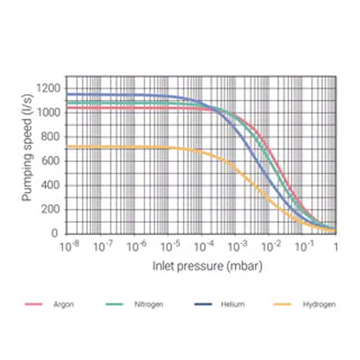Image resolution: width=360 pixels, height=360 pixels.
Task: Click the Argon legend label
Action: (64, 304)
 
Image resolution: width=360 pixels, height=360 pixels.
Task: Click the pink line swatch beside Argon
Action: (34, 304)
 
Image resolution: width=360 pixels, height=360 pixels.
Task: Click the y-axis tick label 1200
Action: (51, 88)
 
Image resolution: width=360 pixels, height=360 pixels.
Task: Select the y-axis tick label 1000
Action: (51, 112)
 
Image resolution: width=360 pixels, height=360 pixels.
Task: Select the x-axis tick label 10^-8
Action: (68, 245)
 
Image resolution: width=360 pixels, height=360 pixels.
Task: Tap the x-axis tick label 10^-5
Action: (168, 245)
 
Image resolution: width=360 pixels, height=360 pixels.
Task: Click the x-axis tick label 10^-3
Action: (236, 245)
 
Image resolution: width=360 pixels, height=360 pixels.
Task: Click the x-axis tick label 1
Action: (336, 246)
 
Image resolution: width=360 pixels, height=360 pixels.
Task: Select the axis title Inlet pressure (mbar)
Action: (207, 266)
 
